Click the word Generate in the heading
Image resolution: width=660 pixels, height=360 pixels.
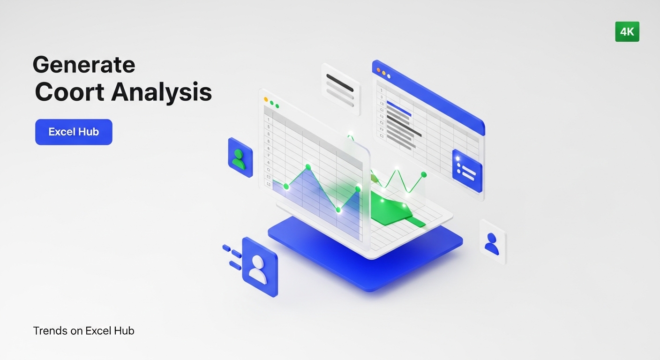[84, 65]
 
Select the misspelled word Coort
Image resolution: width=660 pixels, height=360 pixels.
[69, 92]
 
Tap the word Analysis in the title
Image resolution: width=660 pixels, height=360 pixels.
[161, 92]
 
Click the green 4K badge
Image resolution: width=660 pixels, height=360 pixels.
[627, 32]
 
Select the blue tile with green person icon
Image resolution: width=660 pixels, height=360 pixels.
[240, 157]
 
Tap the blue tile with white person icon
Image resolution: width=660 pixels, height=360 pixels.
[259, 267]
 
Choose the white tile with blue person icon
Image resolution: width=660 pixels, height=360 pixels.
[492, 242]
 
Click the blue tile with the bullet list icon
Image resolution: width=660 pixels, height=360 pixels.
[467, 171]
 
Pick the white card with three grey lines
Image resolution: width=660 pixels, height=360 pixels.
[340, 89]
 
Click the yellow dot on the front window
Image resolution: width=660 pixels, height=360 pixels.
[266, 99]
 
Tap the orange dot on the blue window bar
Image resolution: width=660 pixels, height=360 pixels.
[378, 69]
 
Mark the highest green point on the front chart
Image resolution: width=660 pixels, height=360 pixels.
[308, 167]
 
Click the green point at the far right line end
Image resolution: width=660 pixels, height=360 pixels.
[424, 174]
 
